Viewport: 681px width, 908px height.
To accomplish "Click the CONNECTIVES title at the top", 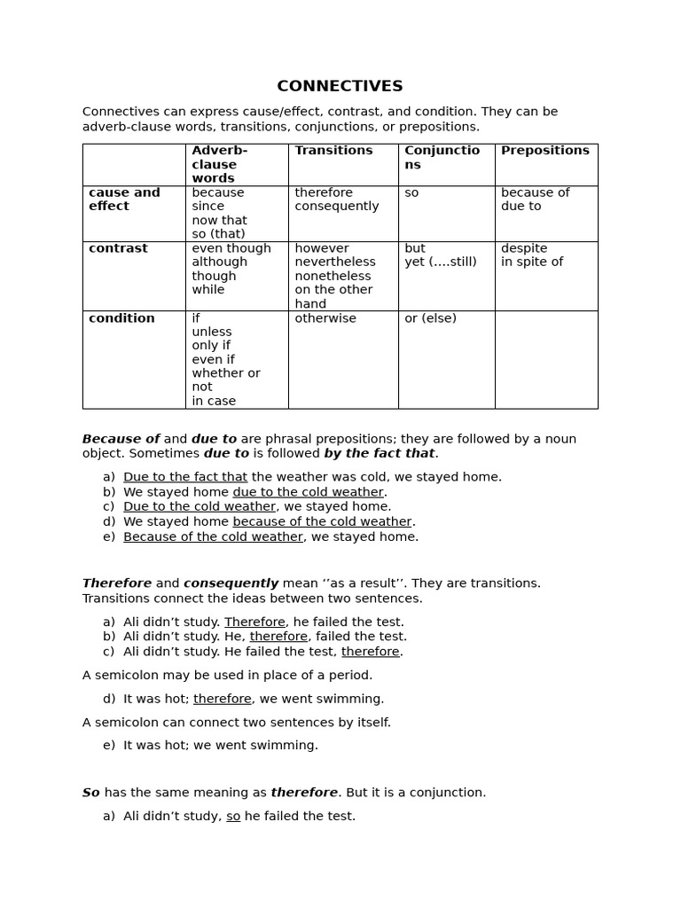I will (x=340, y=86).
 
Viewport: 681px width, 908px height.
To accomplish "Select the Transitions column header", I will (x=333, y=151).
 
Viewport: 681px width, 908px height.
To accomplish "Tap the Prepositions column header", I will (x=544, y=151).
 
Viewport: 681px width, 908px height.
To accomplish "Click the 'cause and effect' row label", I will (x=124, y=200).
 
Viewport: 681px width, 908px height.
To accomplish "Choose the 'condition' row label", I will (x=121, y=318).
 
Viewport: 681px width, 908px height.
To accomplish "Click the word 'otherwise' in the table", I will (x=325, y=318).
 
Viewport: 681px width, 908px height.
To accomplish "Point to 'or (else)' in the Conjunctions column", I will (x=430, y=318).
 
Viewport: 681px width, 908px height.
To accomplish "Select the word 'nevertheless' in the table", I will (x=335, y=262).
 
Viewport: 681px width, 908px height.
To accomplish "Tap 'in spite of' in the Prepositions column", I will (x=531, y=262).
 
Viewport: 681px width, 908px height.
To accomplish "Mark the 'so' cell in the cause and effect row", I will (x=411, y=192).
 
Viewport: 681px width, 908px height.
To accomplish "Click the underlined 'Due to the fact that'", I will (x=185, y=477).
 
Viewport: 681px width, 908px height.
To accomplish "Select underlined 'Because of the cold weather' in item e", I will (x=213, y=536).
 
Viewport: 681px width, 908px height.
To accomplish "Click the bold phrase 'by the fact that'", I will (x=379, y=453).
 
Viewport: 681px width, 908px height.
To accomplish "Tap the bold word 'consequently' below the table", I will (x=231, y=583).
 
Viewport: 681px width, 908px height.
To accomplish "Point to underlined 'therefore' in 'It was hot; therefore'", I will (x=222, y=699).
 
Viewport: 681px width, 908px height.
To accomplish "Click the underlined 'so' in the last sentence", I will (x=233, y=816).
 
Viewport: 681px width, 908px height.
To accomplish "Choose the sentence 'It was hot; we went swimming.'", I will (x=220, y=745).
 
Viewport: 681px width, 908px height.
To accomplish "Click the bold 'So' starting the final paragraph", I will (x=91, y=793).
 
